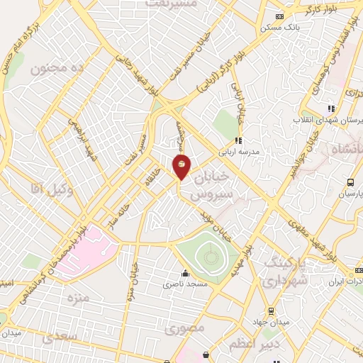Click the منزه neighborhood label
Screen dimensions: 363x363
[79, 297]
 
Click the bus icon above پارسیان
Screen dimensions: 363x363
[350, 182]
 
